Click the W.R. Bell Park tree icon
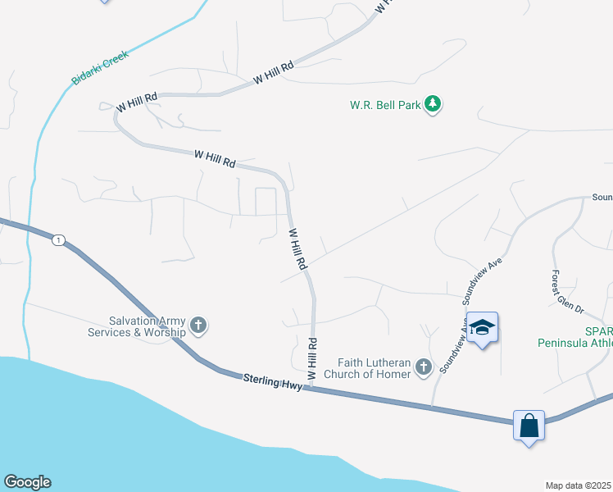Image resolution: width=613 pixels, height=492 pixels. pyautogui.click(x=434, y=105)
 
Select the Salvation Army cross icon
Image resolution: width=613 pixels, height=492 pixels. pyautogui.click(x=198, y=326)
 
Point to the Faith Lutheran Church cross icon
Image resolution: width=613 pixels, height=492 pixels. pyautogui.click(x=423, y=367)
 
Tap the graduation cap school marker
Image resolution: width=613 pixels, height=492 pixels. pyautogui.click(x=483, y=329)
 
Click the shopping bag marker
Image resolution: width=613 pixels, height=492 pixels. pyautogui.click(x=529, y=426)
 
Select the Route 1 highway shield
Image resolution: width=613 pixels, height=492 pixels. pyautogui.click(x=57, y=240)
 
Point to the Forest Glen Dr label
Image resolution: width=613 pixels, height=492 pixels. pyautogui.click(x=568, y=292)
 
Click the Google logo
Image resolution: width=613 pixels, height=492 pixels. pyautogui.click(x=27, y=482)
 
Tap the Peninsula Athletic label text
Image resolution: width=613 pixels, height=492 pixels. pyautogui.click(x=574, y=343)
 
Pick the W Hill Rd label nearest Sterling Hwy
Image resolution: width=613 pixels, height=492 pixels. pyautogui.click(x=311, y=358)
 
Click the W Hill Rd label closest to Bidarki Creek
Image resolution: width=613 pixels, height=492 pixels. pyautogui.click(x=137, y=102)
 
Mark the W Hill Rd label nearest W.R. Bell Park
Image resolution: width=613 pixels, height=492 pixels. pyautogui.click(x=274, y=75)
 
